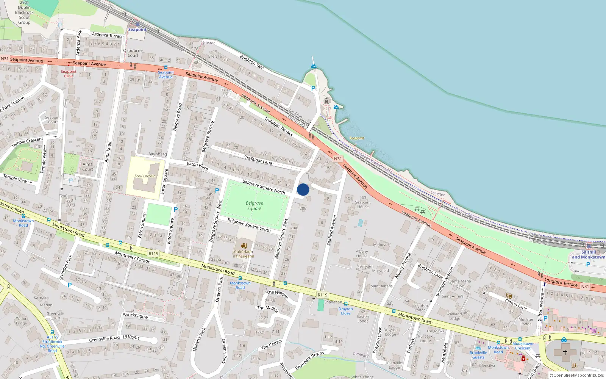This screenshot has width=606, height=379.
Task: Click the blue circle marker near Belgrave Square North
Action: pos(303,189)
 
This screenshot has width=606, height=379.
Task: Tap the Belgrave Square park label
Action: pos(255,206)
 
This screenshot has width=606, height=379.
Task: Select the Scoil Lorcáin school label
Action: pos(145,176)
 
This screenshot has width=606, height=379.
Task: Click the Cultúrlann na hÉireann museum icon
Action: pos(244,246)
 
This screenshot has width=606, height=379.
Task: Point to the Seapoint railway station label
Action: pos(137,30)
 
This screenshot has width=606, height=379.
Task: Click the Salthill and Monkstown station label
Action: pos(588,255)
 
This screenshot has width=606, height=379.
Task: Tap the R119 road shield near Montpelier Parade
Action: pos(153,254)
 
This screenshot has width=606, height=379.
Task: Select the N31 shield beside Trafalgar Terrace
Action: pos(338,159)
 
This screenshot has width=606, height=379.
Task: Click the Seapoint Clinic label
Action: pos(69,74)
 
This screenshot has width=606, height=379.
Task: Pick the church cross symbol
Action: pos(565,352)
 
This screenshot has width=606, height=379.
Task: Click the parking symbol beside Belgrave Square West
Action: pos(217,191)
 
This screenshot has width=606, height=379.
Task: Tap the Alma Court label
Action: pos(87,167)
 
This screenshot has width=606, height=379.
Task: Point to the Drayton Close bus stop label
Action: pos(345,311)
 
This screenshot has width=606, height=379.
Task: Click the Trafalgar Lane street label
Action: pos(258,160)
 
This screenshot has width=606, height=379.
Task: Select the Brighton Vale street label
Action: pos(251,61)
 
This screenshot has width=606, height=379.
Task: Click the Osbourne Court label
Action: pos(133,53)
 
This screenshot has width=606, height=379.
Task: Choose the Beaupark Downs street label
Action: pos(309,360)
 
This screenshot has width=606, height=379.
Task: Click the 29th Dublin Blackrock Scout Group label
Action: pos(24,13)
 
